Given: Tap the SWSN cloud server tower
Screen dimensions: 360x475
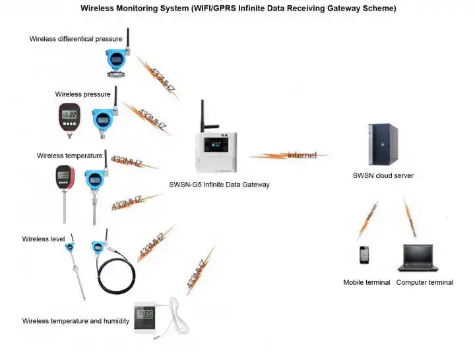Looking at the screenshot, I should pos(383,144).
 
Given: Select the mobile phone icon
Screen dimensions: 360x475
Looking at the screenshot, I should pos(364,255).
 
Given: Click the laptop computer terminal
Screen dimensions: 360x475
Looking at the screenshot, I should pos(415,258).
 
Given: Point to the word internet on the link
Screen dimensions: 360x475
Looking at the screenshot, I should pos(302,155).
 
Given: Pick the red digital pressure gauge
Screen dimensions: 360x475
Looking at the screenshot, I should pos(69,117).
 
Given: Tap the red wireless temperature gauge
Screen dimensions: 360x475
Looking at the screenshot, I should pos(64,178).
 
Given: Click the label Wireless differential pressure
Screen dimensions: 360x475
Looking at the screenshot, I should pos(76,39).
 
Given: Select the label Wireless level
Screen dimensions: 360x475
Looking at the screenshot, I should pos(44,239).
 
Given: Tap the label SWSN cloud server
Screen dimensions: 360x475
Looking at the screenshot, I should pos(383,176).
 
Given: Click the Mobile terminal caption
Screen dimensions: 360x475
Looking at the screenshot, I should pos(367,282).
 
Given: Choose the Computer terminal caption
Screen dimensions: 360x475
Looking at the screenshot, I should pos(424,282).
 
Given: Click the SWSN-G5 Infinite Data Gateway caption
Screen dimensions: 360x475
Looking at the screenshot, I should pos(220,185).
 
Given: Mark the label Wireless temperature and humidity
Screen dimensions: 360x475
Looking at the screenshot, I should pos(75,321).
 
